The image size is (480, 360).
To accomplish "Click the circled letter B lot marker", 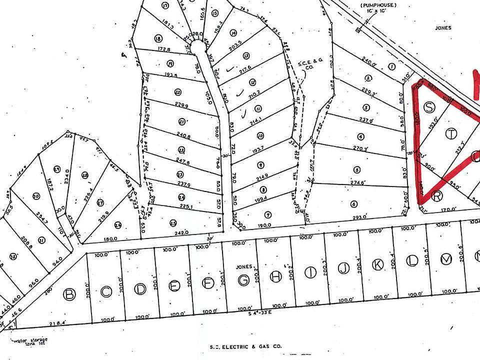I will pyautogui.click(x=70, y=294).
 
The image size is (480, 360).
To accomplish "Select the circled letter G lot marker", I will pyautogui.click(x=243, y=280).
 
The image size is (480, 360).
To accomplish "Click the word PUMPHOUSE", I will pyautogui.click(x=377, y=4).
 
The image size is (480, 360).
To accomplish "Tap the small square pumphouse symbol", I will pyautogui.click(x=358, y=30).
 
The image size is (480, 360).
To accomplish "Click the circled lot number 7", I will pyautogui.click(x=268, y=215).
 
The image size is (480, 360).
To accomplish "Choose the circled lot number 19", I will pyautogui.click(x=170, y=63).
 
